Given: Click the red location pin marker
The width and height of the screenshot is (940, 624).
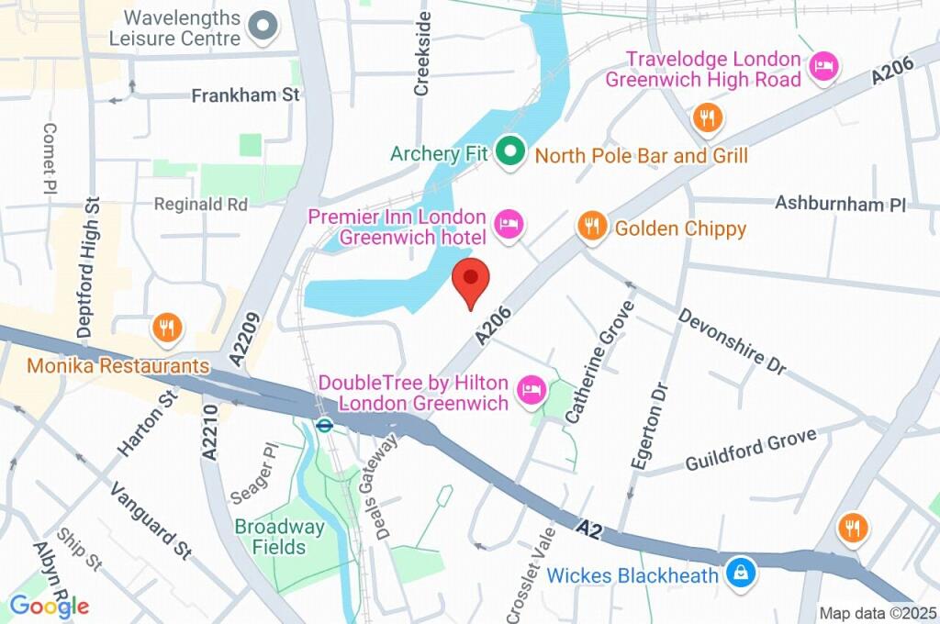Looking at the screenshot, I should pos(471,280).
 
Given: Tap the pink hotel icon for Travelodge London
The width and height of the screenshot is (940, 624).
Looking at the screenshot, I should pos(824,67).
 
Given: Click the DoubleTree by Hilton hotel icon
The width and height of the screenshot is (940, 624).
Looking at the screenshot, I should pos(532,392).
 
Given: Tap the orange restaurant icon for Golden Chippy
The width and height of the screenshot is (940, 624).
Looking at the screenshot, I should pos(592,226).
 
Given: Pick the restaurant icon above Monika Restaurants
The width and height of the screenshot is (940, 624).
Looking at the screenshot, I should pos(166,328).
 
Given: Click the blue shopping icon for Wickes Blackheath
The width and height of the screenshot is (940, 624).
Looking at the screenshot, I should pos(738,573).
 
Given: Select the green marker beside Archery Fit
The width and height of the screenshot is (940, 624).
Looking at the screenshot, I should pos(509,151).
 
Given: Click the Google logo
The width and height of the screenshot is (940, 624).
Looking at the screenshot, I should pos(49,606).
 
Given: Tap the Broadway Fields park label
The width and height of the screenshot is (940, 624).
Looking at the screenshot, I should pos(279,537).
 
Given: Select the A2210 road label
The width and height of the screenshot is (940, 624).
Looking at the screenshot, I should pos(208,432).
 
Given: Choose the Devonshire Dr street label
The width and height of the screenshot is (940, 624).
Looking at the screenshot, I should pos(732,340).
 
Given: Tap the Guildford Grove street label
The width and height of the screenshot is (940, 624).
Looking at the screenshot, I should pos(750,451).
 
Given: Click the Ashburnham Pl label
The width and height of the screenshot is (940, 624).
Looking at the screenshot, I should pos(840,203).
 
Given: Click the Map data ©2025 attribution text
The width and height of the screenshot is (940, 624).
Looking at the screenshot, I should pos(878,613).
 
